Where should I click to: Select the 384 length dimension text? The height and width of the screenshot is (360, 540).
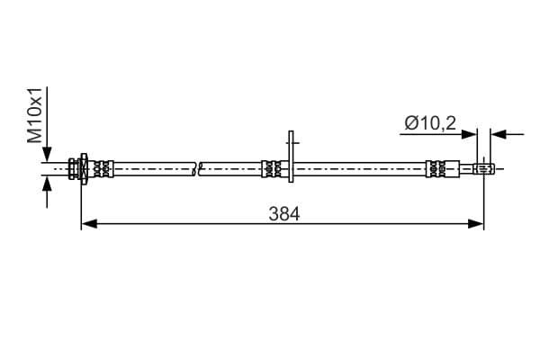283,214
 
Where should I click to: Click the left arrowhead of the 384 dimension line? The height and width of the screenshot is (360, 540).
88,224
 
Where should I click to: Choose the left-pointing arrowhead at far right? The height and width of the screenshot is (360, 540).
499,135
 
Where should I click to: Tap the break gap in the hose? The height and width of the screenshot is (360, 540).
198,167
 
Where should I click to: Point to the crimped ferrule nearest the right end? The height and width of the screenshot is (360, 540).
436,167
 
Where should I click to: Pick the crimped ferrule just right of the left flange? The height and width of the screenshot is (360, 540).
103,167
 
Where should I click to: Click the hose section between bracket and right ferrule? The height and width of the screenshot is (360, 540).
360,167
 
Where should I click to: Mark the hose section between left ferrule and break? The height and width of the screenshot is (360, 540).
153,167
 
